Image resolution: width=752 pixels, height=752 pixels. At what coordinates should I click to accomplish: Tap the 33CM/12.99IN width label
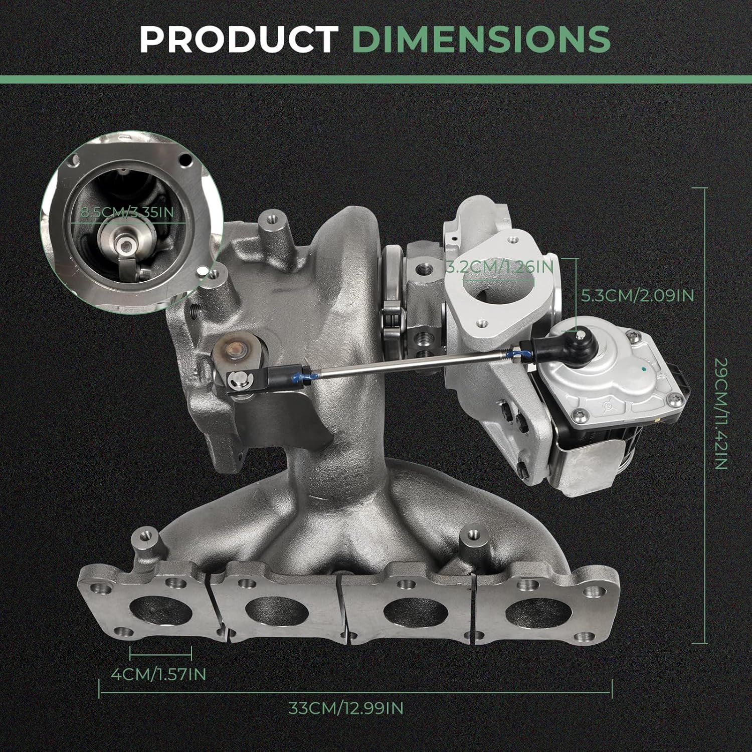[x=346, y=708]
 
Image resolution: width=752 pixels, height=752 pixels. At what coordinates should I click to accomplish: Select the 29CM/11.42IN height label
[x=720, y=414]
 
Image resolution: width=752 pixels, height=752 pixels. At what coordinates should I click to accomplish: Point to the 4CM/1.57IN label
[x=158, y=674]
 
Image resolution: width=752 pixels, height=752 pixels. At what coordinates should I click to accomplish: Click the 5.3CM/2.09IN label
[x=637, y=295]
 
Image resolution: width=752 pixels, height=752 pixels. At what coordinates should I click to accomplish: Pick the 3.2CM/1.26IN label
[x=499, y=266]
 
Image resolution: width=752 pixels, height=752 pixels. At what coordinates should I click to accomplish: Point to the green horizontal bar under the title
[x=376, y=79]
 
